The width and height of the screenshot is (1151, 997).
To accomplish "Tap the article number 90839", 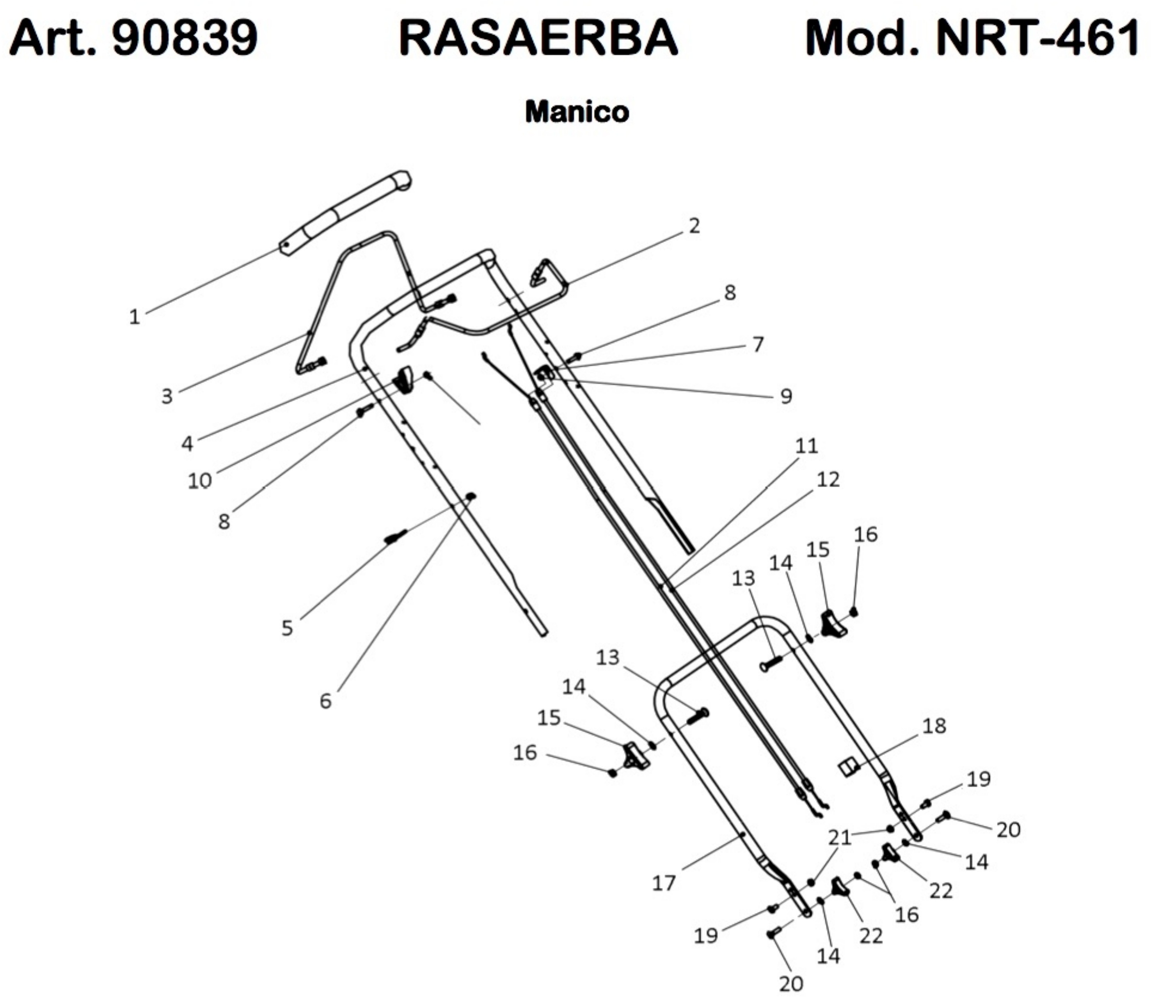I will pyautogui.click(x=185, y=38).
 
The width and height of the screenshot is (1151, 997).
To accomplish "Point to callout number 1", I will pyautogui.click(x=134, y=317).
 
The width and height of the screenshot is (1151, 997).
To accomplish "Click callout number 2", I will pyautogui.click(x=693, y=226).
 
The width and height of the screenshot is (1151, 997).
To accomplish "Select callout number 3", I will pyautogui.click(x=167, y=396).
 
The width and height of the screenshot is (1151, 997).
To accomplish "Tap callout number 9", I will pyautogui.click(x=786, y=396).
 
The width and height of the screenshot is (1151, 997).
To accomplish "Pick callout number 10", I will pyautogui.click(x=199, y=480).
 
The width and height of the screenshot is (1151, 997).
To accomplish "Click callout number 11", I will pyautogui.click(x=806, y=445).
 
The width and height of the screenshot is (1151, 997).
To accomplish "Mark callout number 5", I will pyautogui.click(x=287, y=628).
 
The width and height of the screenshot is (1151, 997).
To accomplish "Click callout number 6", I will pyautogui.click(x=326, y=701).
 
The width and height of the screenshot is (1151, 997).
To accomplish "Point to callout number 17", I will pyautogui.click(x=663, y=883).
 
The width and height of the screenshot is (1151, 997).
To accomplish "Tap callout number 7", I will pyautogui.click(x=757, y=345).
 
